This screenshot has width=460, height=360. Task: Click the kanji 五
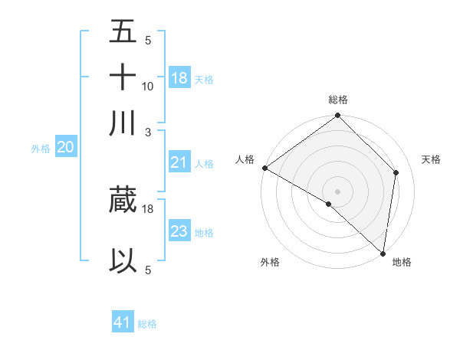123,33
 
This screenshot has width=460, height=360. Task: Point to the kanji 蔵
123,200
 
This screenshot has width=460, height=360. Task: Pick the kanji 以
123,261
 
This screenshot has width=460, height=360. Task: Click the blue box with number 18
179,78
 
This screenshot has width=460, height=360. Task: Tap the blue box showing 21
179,162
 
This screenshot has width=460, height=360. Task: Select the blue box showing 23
179,231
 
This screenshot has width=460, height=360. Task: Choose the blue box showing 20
65,148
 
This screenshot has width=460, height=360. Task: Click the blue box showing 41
123,322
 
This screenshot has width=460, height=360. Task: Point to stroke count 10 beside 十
148,87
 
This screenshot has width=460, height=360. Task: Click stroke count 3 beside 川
148,131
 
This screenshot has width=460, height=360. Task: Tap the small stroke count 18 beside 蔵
148,208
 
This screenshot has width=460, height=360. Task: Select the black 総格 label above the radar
338,100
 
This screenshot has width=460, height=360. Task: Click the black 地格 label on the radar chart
402,262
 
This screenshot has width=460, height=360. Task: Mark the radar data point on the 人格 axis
264,168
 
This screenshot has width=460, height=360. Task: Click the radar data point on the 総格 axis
338,116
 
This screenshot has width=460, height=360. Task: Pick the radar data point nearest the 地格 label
383,252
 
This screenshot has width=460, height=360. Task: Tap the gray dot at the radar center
338,191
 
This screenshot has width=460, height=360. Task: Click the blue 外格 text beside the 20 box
40,149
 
